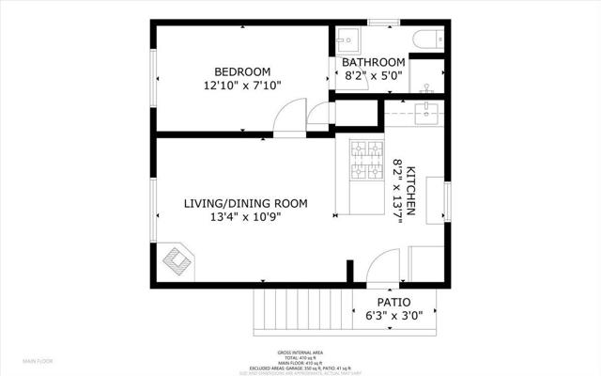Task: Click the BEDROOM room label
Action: coord(242,71)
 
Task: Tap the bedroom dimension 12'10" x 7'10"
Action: coord(242,86)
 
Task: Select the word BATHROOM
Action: coord(374,63)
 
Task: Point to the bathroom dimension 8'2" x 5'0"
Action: coord(374,77)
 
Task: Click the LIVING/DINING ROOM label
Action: coord(245,203)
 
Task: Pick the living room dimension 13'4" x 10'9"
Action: coord(245,217)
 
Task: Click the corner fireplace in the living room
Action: coord(178,261)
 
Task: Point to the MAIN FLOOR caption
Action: coord(39,361)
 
